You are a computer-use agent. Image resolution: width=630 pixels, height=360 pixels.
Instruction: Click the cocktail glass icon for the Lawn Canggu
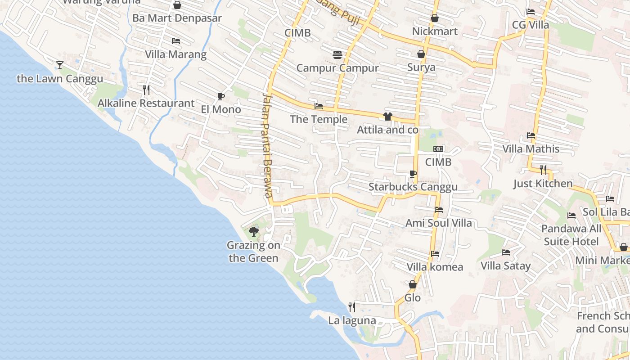[59, 65]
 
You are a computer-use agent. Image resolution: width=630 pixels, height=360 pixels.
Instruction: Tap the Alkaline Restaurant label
[146, 103]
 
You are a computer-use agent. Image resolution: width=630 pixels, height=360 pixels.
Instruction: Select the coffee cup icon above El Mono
[220, 96]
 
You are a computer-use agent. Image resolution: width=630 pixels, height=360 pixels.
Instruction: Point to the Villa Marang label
[175, 54]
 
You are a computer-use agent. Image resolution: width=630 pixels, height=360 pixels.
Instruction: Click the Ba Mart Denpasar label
[177, 18]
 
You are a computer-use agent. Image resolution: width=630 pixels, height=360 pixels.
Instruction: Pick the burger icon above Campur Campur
[337, 55]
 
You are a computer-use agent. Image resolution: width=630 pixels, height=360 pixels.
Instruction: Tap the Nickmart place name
[435, 31]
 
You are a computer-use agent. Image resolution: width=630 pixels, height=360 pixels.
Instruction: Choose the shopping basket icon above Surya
[421, 54]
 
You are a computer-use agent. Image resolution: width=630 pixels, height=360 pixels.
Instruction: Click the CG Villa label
[531, 25]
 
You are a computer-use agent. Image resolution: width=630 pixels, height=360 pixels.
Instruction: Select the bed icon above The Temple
[319, 106]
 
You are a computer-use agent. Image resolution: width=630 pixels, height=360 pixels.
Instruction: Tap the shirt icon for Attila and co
[387, 117]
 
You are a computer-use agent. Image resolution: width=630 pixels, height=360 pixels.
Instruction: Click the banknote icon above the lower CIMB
[438, 149]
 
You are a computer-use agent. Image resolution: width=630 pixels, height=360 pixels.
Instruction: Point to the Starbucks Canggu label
[413, 187]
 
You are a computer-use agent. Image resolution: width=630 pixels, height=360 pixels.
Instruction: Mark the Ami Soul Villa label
[439, 223]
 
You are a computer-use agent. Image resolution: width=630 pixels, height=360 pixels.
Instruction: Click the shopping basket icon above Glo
[412, 284]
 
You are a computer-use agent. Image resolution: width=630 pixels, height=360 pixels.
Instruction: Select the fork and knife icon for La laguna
[352, 307]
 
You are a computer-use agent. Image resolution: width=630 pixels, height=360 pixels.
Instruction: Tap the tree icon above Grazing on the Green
[254, 232]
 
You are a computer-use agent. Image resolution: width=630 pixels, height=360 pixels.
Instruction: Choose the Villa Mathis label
[531, 148]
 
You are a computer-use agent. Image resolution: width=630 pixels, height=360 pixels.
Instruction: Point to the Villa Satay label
[506, 265]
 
